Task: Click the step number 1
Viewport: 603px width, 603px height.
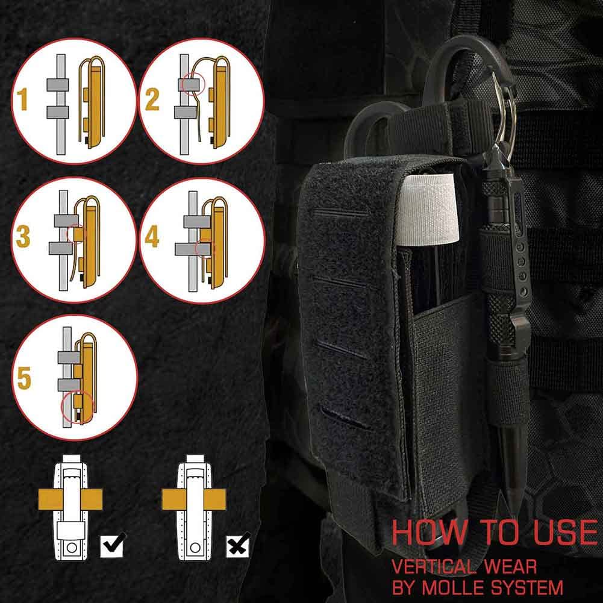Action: click(23, 99)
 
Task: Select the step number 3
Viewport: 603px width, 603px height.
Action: click(23, 236)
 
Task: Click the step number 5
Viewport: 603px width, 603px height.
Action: click(24, 378)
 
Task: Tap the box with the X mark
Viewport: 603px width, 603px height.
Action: click(238, 545)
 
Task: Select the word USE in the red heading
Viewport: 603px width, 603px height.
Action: click(565, 532)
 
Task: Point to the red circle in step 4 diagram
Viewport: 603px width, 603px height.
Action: click(204, 248)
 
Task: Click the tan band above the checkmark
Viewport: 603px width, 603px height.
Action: click(70, 499)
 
